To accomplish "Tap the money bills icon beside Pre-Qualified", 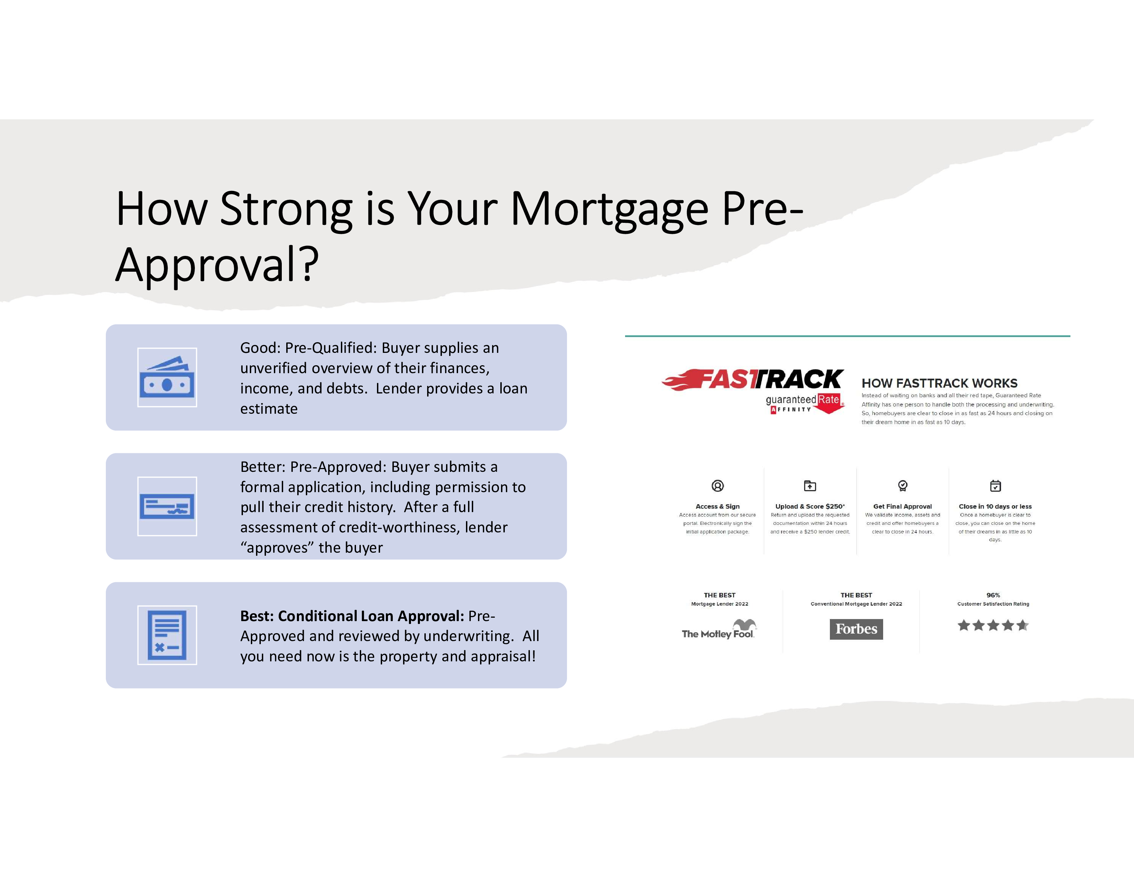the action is tap(167, 377).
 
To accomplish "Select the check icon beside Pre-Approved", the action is tap(167, 506).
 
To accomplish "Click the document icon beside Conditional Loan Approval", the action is tap(167, 635).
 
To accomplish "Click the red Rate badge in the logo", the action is tap(829, 402).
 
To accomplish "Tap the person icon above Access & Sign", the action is tap(718, 486).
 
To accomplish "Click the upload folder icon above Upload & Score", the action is tap(810, 486).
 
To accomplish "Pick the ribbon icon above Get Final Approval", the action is tap(903, 486).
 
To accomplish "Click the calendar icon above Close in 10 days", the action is tap(996, 486).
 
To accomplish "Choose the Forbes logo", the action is tap(856, 629).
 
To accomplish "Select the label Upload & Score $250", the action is tap(810, 506).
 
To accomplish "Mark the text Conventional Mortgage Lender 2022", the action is tap(856, 604).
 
